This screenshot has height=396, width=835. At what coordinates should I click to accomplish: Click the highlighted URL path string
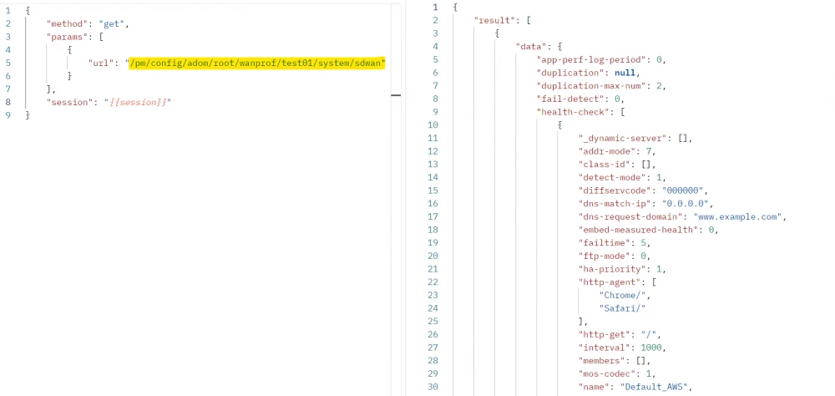point(255,63)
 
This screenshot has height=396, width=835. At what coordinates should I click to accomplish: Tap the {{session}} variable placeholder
point(138,102)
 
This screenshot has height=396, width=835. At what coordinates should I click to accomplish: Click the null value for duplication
point(625,73)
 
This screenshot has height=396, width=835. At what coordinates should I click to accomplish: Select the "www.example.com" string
point(737,216)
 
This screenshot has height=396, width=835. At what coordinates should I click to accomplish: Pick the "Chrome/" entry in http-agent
point(623,295)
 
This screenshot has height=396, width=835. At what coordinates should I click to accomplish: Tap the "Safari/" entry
point(623,308)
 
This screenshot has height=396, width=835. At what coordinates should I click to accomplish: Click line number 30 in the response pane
point(433,387)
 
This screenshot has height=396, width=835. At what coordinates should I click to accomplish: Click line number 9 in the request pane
point(8,115)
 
